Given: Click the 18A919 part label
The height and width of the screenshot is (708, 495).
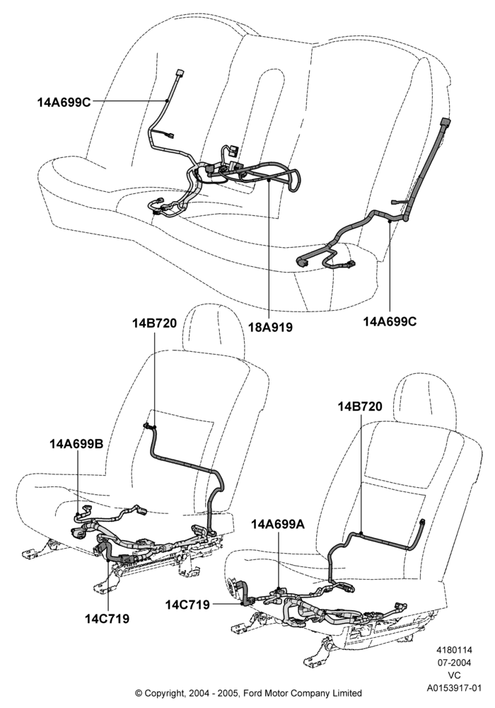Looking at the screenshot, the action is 271,327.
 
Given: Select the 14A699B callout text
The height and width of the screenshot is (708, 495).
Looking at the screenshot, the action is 76,444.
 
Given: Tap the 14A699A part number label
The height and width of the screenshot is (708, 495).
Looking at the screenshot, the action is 278,524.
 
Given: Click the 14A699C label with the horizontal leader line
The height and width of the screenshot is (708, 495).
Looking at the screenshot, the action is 64,103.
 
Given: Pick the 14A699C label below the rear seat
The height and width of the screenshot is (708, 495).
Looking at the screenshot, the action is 390,321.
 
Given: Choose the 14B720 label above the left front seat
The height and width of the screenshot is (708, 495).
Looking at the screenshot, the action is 155,324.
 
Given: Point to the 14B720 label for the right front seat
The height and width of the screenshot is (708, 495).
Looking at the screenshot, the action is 360,406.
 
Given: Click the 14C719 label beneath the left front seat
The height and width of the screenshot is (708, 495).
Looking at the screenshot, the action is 107,619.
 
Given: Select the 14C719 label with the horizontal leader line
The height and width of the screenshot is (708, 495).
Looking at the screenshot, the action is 187,605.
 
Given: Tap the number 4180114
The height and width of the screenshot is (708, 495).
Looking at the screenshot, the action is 454,650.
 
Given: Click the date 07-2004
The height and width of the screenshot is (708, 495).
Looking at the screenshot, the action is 455,663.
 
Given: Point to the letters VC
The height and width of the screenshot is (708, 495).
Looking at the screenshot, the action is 455,676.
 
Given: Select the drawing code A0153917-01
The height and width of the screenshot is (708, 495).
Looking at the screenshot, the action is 455,689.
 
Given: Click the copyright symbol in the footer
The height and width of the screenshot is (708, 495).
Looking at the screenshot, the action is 139,693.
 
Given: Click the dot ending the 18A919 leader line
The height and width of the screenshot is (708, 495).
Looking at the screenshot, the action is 269,180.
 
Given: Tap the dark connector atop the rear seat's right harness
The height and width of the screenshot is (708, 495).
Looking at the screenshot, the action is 445,124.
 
